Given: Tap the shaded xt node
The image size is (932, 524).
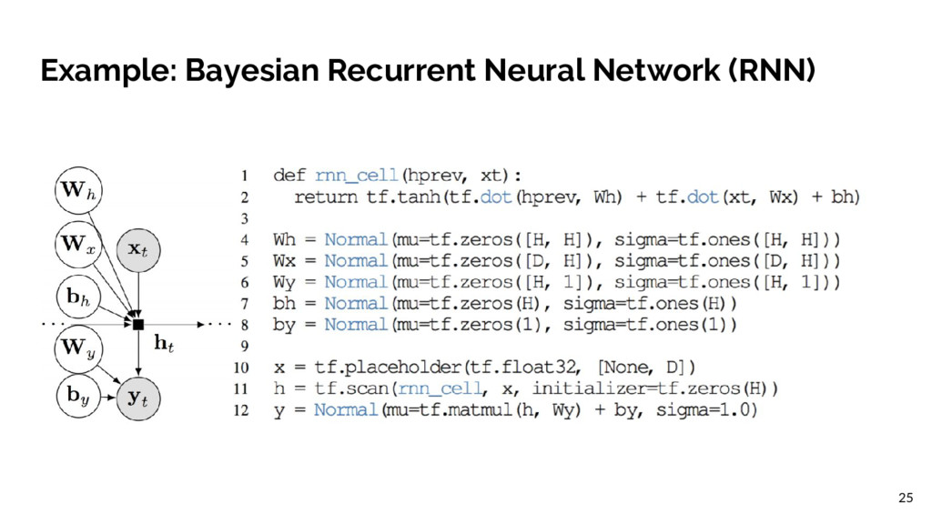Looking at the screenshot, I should tap(137, 249).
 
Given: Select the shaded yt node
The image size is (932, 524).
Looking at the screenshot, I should tap(137, 398).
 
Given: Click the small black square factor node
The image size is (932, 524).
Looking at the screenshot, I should tap(138, 324).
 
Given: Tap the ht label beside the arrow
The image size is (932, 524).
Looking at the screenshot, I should tap(163, 343).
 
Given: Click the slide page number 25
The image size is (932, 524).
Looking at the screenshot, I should tap(905, 497).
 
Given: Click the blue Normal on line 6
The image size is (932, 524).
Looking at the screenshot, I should tap(356, 282).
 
